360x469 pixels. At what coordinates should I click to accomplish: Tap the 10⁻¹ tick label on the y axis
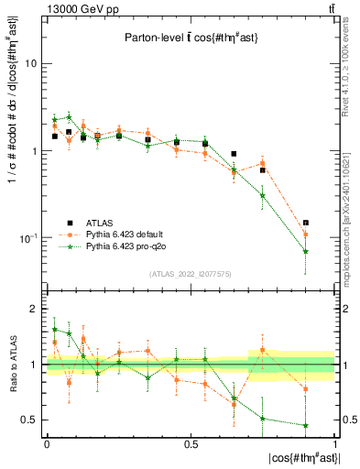[29, 238]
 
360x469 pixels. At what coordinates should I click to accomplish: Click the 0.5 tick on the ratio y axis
[31, 420]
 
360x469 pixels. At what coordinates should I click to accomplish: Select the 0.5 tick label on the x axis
[191, 442]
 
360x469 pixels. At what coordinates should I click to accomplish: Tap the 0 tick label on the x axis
[47, 442]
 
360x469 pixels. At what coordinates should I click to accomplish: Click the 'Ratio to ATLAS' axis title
[12, 365]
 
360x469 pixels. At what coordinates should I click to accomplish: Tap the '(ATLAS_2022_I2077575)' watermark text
[190, 272]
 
